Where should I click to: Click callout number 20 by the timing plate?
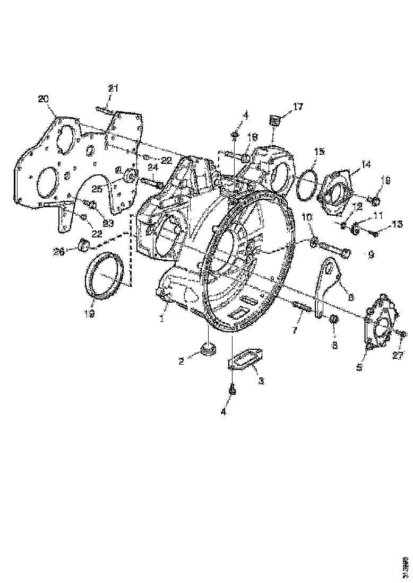tap(43, 99)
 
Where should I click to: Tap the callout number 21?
tap(113, 88)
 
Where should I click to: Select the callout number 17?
tap(297, 107)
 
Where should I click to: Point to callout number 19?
tap(89, 314)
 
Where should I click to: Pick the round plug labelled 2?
tap(206, 350)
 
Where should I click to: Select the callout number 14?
tap(366, 165)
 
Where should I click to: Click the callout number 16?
tap(384, 181)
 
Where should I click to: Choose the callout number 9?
tap(371, 255)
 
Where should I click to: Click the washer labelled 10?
tap(314, 243)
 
